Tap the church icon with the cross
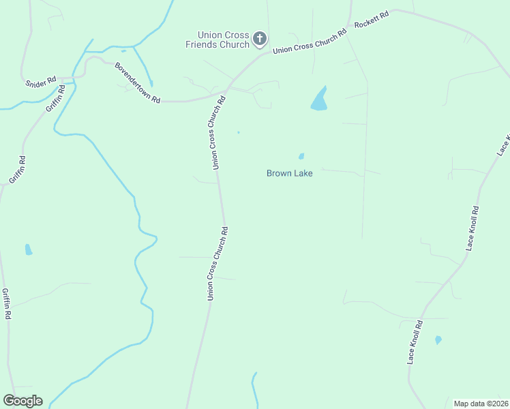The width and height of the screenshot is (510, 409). tap(259, 39)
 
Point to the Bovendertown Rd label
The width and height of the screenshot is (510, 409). tap(137, 83)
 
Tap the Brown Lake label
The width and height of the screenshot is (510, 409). tap(289, 174)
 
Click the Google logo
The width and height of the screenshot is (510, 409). tap(22, 401)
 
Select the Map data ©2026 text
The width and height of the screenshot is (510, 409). tap(481, 404)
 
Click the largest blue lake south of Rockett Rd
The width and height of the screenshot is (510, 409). tap(319, 100)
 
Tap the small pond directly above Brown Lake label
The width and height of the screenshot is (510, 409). tap(301, 156)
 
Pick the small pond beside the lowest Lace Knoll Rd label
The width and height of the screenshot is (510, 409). tap(438, 339)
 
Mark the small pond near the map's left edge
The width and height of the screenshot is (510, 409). tap(28, 249)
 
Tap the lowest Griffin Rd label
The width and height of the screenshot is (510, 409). tap(6, 304)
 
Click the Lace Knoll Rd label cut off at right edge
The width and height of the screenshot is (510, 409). tap(503, 144)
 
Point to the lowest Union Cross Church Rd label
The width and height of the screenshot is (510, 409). tap(217, 263)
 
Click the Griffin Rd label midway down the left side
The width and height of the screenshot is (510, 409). tap(18, 170)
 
